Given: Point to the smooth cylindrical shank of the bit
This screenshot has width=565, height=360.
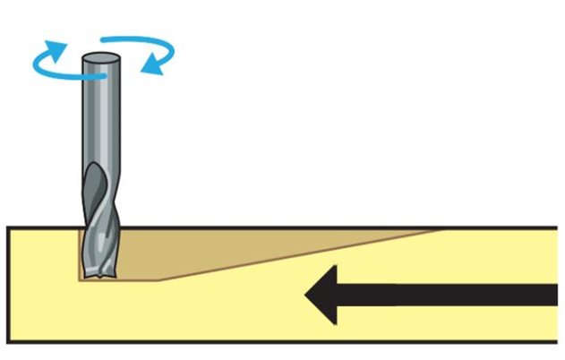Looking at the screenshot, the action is click(101, 116).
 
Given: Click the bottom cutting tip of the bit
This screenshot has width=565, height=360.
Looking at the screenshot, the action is click(98, 272).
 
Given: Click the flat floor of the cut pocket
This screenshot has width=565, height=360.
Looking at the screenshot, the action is click(134, 279).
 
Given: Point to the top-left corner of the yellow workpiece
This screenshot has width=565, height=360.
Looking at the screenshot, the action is click(9, 229).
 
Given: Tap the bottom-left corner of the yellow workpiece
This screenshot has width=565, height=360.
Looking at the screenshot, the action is click(9, 341).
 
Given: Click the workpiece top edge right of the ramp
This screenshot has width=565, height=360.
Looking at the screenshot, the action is click(501, 228).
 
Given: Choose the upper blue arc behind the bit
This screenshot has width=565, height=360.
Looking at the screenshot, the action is click(134, 40).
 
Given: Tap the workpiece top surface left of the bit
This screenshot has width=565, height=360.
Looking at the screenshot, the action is click(40, 228).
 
